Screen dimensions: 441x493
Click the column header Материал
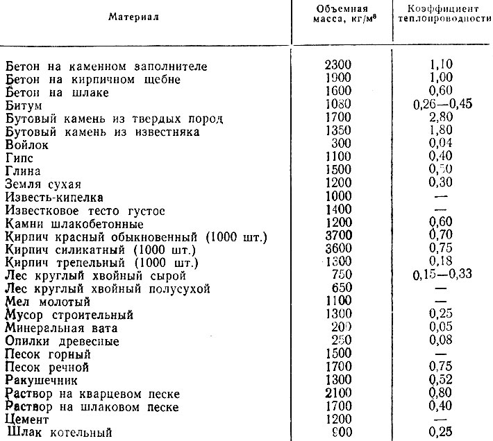pos(134,17)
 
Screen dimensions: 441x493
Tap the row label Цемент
pos(26,419)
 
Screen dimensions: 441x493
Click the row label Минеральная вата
pos(62,327)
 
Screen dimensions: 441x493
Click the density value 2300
pos(339,67)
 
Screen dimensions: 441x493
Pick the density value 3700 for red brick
pos(339,236)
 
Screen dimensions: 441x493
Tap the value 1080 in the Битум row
pos(339,104)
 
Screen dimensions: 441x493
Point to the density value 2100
pos(339,394)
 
